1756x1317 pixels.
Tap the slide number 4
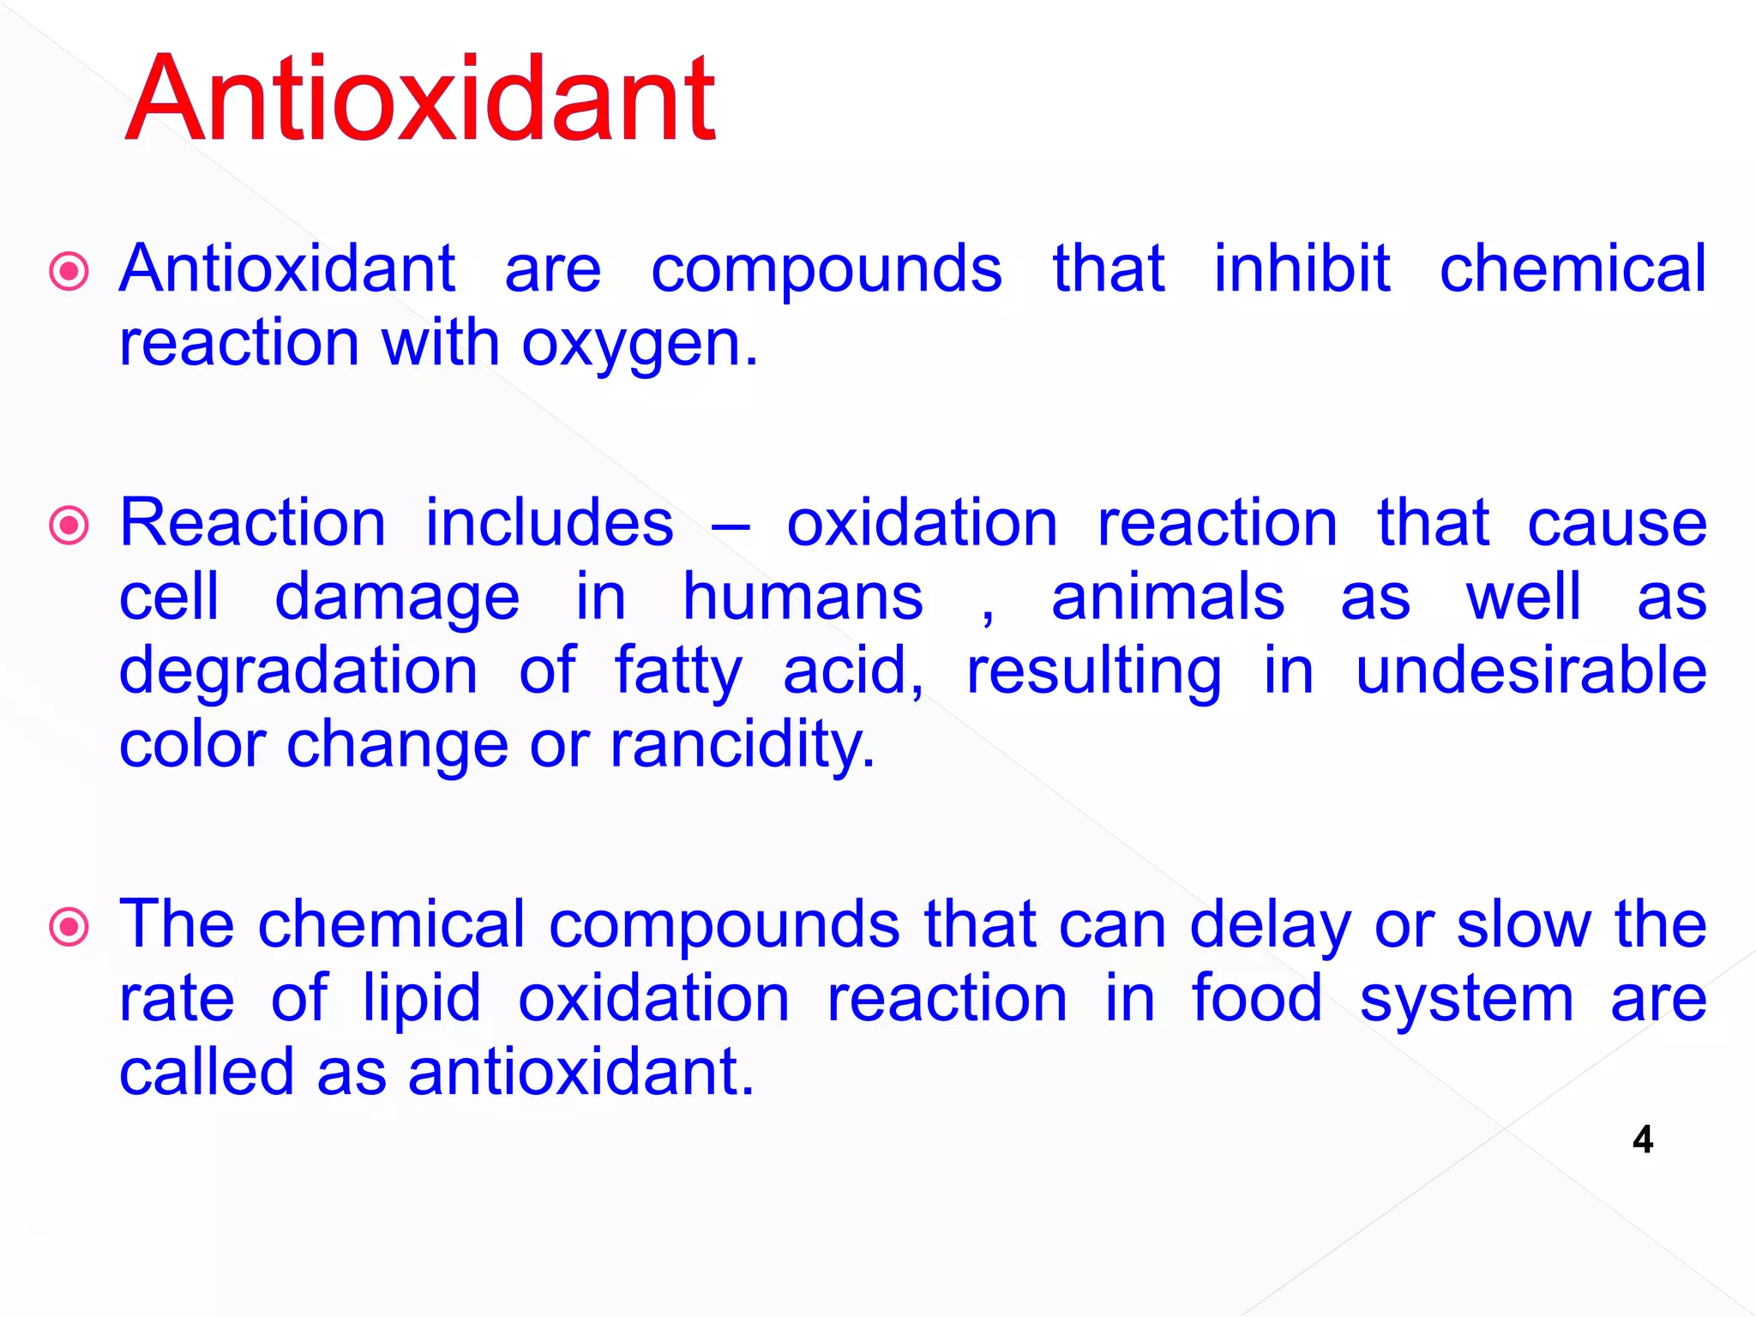(x=1642, y=1140)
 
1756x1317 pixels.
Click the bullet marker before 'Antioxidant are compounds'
(x=69, y=272)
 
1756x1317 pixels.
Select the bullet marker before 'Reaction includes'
(x=69, y=526)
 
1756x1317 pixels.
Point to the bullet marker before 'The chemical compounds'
(x=69, y=927)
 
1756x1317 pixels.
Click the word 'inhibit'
(x=1302, y=269)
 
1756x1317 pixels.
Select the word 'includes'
(x=550, y=523)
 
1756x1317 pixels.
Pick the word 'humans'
(x=803, y=598)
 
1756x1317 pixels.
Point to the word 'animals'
(x=1168, y=598)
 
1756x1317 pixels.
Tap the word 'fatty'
(x=678, y=671)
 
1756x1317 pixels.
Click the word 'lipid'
(x=421, y=1000)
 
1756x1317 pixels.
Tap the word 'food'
(x=1257, y=998)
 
